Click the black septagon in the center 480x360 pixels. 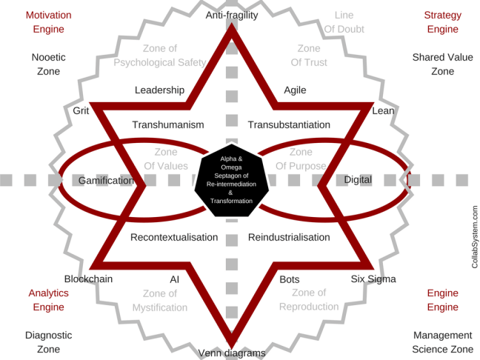click(x=230, y=180)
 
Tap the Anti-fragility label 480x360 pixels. click(x=231, y=15)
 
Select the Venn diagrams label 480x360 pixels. click(x=231, y=353)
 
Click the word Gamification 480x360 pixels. click(x=106, y=180)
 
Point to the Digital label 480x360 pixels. click(x=358, y=180)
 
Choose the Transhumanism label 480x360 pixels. click(x=167, y=124)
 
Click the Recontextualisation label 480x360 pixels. click(x=174, y=237)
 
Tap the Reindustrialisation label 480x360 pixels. click(x=289, y=237)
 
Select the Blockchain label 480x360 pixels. click(x=88, y=279)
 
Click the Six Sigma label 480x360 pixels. click(x=373, y=279)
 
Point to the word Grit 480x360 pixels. click(x=81, y=110)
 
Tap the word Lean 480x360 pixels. click(x=383, y=110)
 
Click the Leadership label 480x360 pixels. click(x=159, y=90)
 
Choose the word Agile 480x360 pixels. click(x=296, y=90)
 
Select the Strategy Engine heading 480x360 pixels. click(x=443, y=21)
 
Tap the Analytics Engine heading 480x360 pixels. click(x=48, y=299)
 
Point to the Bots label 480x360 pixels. click(x=290, y=279)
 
